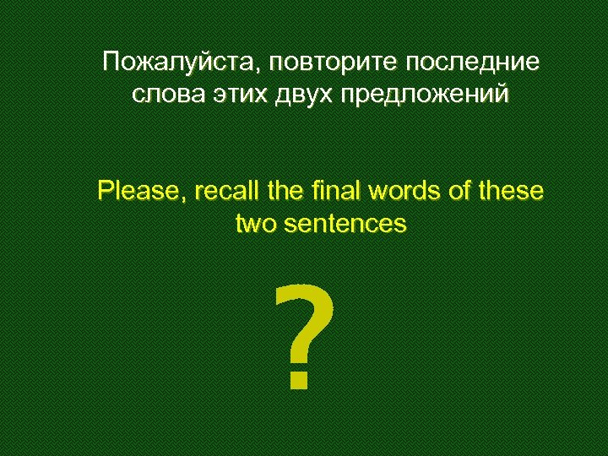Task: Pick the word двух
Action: point(302,95)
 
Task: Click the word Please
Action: point(139,191)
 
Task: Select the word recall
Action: point(222,191)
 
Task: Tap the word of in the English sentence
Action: point(459,191)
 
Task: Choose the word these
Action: point(508,191)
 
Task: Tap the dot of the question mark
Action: point(297,382)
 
